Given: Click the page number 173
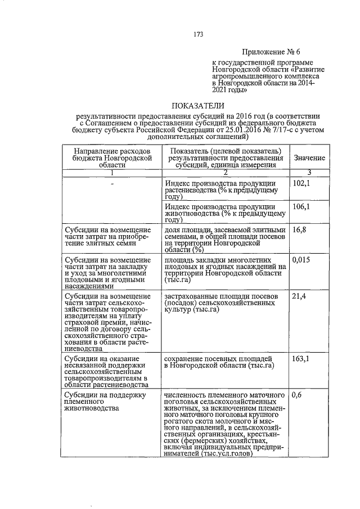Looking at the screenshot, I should pyautogui.click(x=197, y=34).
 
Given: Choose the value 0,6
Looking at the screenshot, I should pyautogui.click(x=298, y=395).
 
